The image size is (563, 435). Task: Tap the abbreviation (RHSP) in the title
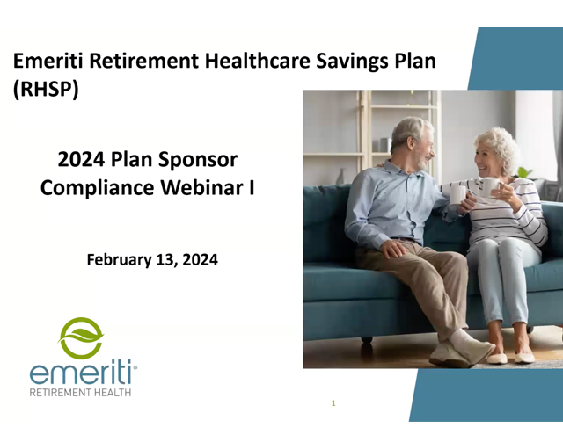[46, 89]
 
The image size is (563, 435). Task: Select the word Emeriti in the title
[48, 61]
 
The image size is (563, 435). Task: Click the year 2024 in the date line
[200, 259]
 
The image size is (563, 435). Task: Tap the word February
[120, 260]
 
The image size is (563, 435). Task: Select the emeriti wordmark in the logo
[82, 373]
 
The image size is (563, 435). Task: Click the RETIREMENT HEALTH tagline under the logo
[80, 392]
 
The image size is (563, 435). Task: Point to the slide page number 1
[333, 403]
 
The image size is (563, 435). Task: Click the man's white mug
[458, 193]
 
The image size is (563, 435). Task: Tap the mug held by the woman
[490, 186]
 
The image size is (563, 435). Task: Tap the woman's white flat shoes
[510, 358]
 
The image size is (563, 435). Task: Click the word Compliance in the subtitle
[98, 188]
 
